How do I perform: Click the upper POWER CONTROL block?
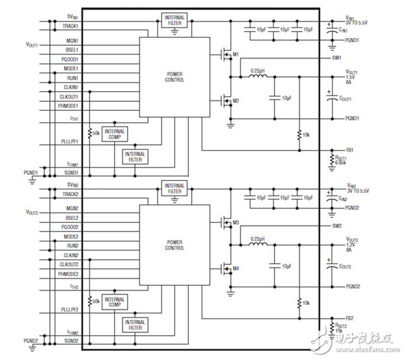175,76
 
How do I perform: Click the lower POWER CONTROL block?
175,245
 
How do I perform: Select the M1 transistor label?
234,54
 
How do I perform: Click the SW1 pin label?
336,58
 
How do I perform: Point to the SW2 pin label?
336,227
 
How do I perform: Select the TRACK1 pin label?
70,26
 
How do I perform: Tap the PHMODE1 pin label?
69,106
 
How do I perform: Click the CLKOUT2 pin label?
69,264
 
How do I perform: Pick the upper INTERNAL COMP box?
115,134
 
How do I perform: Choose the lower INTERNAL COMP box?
115,302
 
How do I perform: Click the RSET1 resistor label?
341,159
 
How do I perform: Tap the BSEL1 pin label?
71,49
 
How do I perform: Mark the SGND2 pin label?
71,341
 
